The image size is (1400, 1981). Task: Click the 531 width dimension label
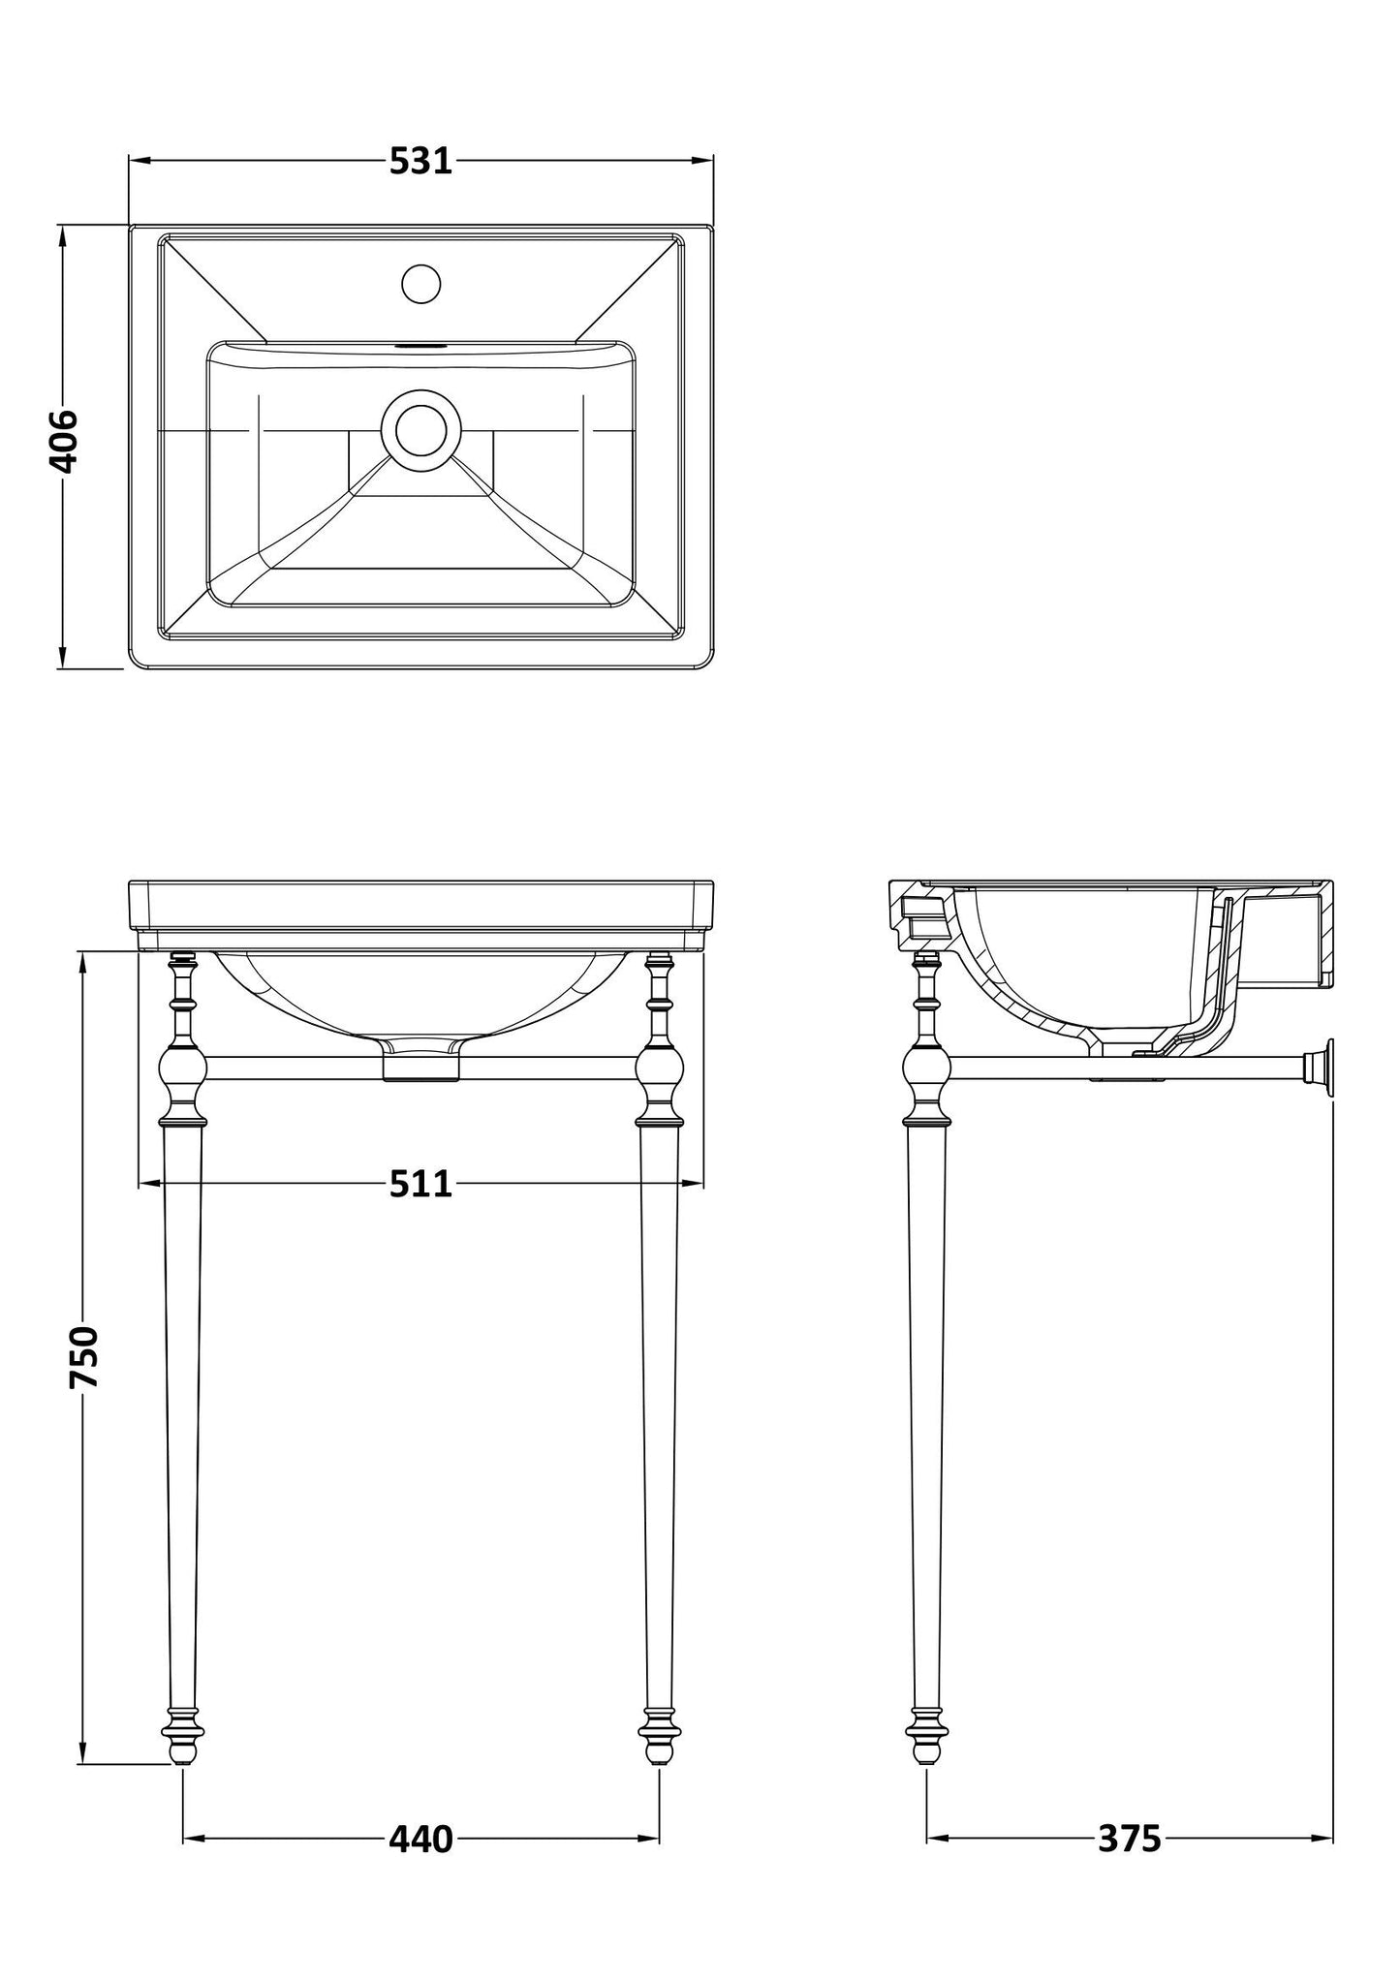pos(420,161)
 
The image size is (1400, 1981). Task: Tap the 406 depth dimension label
pos(64,442)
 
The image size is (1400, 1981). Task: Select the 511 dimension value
pos(420,1183)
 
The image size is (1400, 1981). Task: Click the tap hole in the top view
pos(420,283)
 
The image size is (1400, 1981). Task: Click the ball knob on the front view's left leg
pos(182,1068)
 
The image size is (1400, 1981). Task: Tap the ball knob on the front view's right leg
pos(660,1068)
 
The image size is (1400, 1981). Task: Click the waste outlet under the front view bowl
pos(420,1064)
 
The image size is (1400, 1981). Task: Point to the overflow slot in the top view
pos(420,343)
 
